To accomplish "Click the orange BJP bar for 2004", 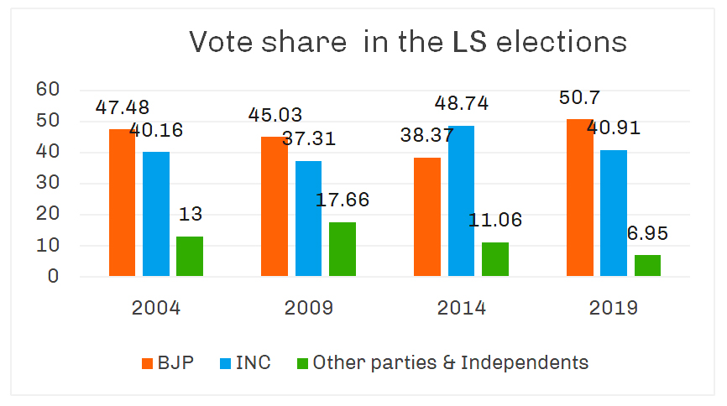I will [123, 202].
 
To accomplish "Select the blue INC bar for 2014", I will [461, 200].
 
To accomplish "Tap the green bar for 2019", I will [647, 265].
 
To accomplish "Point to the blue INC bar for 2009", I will [308, 218].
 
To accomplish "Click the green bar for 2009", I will [342, 248].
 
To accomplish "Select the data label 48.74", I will [461, 104].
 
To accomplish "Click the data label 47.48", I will [123, 108].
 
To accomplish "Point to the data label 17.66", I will [342, 201].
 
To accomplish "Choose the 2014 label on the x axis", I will [461, 308].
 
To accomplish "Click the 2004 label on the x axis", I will [156, 308].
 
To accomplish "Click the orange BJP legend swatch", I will [146, 364].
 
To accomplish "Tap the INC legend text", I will [254, 363].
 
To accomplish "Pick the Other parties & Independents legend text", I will [451, 363].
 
